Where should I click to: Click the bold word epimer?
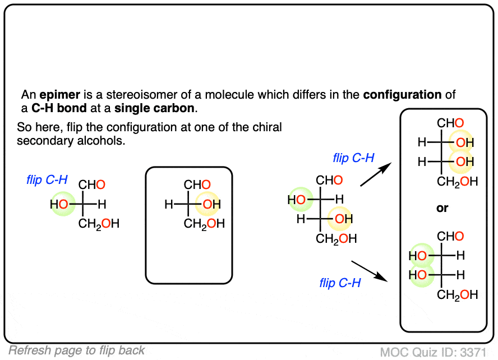[57, 95]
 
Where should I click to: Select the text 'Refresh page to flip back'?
[77, 351]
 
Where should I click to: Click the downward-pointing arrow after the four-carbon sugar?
[371, 269]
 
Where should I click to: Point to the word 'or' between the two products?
[442, 209]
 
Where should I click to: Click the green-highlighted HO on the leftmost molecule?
[59, 205]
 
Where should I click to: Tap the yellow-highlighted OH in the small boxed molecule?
[211, 205]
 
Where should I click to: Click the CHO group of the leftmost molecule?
[91, 185]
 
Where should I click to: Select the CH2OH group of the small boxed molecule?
[204, 224]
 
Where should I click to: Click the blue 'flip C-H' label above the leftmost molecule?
[47, 180]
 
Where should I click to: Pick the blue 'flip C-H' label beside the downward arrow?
[340, 283]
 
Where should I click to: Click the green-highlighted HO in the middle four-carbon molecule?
[297, 199]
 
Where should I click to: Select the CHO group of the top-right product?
[451, 123]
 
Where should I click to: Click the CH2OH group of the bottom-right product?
[458, 294]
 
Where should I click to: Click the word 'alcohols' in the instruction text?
[105, 141]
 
